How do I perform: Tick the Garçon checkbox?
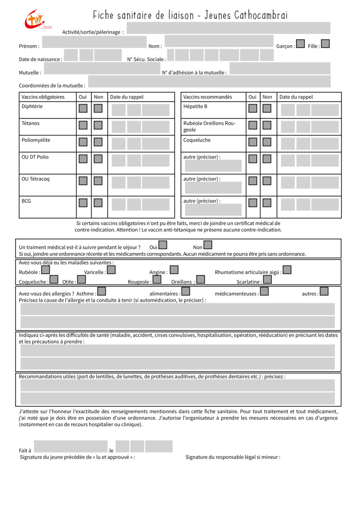(300, 44)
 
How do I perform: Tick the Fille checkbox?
(325, 44)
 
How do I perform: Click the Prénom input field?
(94, 42)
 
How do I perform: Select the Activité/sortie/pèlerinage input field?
(228, 28)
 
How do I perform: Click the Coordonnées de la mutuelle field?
(209, 81)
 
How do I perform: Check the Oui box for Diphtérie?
(83, 108)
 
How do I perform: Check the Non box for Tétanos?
(98, 125)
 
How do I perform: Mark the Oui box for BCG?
(83, 203)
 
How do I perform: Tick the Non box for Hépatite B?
(267, 108)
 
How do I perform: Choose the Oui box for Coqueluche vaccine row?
(253, 142)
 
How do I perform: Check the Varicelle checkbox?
(111, 269)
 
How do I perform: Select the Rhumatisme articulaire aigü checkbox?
(287, 269)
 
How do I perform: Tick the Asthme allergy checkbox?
(101, 291)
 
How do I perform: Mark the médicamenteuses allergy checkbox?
(264, 291)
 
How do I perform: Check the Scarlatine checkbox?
(267, 280)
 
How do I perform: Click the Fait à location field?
(70, 446)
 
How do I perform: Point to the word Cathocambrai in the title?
(261, 16)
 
